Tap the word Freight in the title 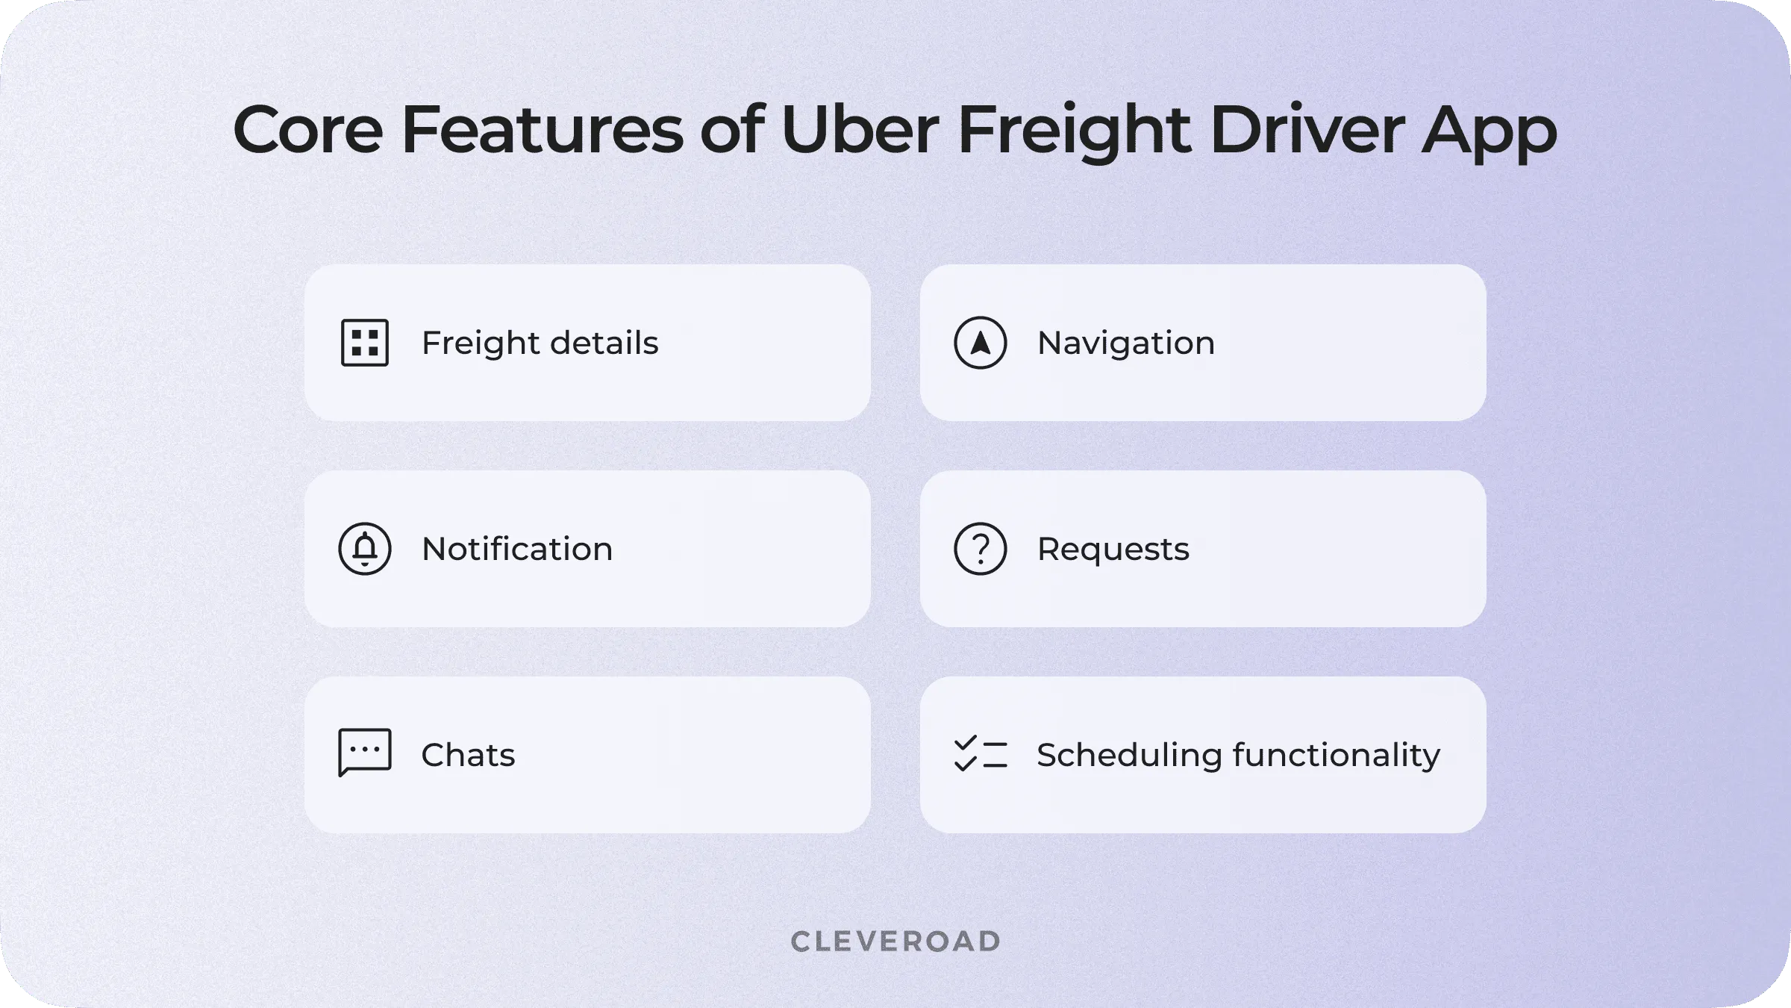click(x=1074, y=131)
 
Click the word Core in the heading click(x=308, y=131)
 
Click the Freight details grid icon click(x=365, y=343)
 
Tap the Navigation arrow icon click(x=981, y=343)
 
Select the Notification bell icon click(x=365, y=549)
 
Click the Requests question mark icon click(x=981, y=549)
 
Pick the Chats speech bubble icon click(x=365, y=753)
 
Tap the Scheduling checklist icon click(x=981, y=754)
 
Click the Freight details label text click(x=540, y=343)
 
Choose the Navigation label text click(x=1126, y=343)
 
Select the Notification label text click(x=517, y=549)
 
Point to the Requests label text click(x=1113, y=550)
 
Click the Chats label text click(x=468, y=755)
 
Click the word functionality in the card click(x=1337, y=756)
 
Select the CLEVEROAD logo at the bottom click(x=895, y=942)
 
